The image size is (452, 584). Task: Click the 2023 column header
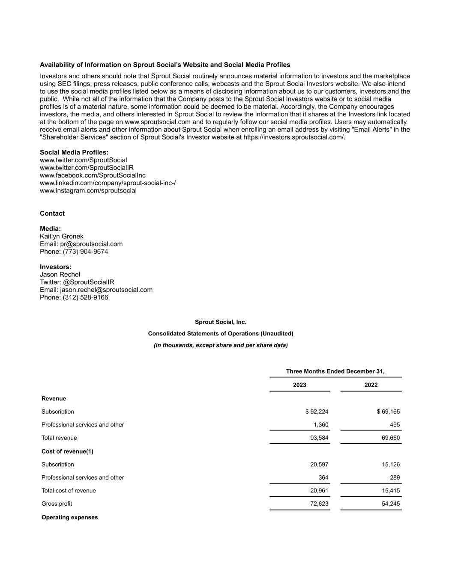coord(299,385)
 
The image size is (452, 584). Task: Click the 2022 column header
coord(371,385)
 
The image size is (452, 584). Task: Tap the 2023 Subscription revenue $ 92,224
coord(317,412)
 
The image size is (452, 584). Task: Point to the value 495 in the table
coord(395,425)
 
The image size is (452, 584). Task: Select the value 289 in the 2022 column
coord(395,478)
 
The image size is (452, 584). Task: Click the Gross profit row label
coord(57,504)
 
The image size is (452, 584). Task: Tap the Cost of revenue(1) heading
coord(67,451)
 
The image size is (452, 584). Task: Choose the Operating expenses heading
coord(69,518)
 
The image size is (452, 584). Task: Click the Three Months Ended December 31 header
coord(335,371)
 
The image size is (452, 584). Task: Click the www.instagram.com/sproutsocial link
coord(88,191)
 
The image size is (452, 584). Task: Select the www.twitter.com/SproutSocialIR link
coord(87,168)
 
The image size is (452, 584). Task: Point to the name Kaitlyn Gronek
coord(62,237)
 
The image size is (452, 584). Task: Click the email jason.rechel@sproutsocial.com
coord(106,290)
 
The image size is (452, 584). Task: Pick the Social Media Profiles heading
coord(74,152)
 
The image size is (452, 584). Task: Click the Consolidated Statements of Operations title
coord(221,334)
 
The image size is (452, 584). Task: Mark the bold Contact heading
coord(52,213)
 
